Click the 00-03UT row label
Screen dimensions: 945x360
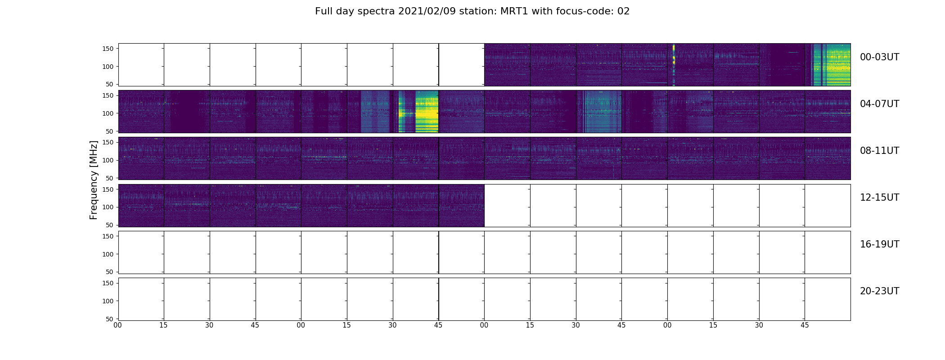point(879,57)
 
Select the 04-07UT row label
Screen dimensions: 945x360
point(879,104)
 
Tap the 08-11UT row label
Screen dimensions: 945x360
point(879,151)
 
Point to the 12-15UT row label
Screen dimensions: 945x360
point(879,198)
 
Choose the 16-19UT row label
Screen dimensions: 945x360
point(879,244)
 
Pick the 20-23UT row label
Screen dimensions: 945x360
point(879,291)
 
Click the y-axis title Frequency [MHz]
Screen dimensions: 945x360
point(94,180)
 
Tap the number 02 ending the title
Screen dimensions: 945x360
point(623,11)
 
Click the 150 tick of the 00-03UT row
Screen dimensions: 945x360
point(108,49)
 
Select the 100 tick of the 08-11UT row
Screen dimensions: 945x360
point(108,160)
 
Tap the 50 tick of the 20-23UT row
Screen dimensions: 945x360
point(110,319)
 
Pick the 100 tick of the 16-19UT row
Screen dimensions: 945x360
point(108,254)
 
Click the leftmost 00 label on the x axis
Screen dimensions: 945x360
point(118,325)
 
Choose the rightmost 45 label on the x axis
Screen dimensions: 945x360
point(805,325)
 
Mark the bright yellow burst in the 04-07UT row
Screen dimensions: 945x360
point(426,111)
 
